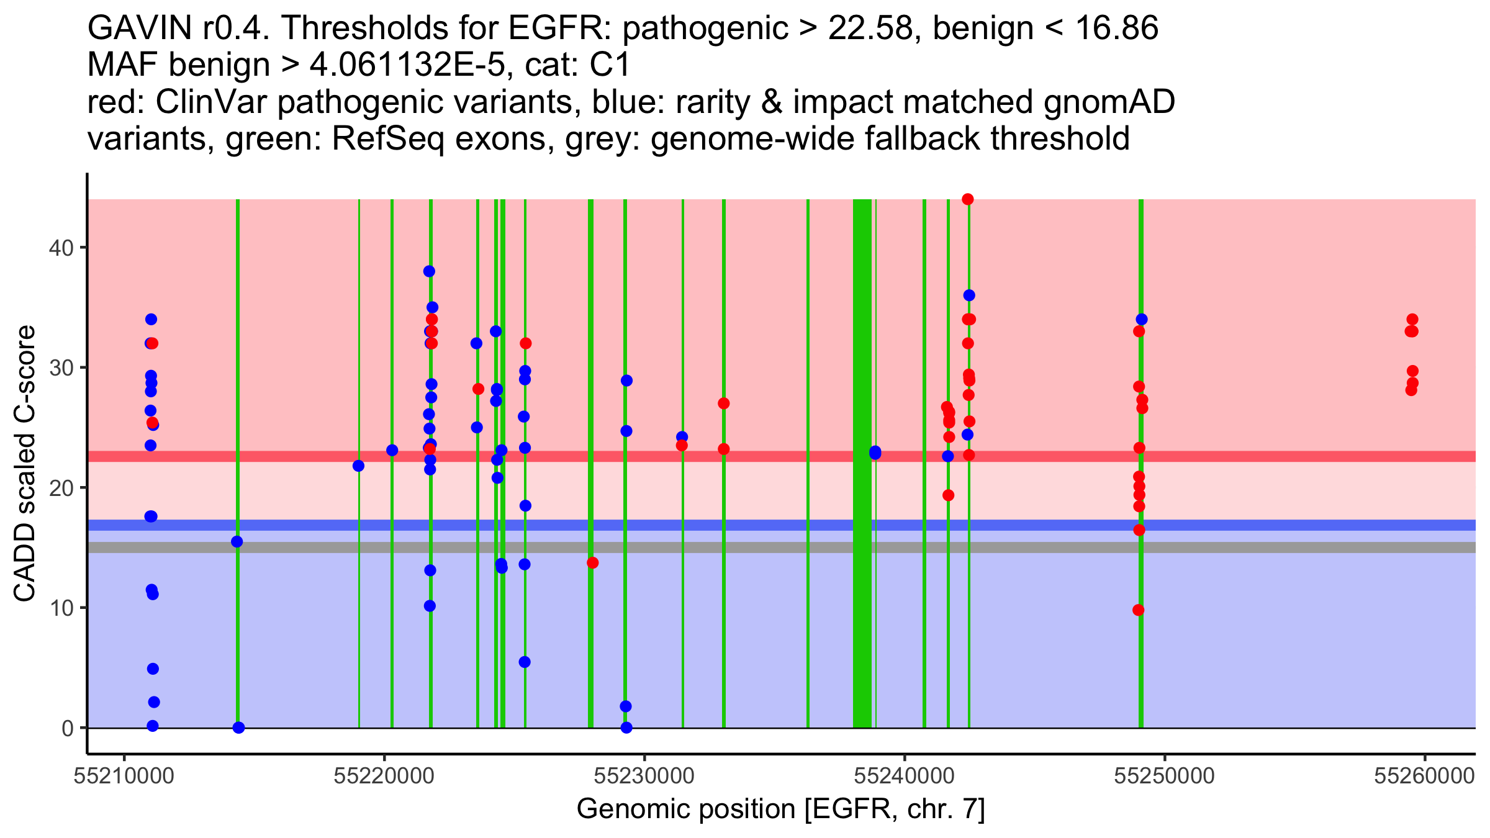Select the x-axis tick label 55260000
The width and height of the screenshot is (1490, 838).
click(1424, 777)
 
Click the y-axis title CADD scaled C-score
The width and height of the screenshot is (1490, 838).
click(25, 464)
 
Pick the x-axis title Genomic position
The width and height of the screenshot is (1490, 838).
click(780, 809)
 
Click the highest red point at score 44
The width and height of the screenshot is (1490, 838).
click(967, 199)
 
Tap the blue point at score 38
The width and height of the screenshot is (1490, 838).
click(429, 271)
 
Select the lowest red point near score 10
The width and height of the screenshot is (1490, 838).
click(1138, 610)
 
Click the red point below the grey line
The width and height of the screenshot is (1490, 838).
click(592, 563)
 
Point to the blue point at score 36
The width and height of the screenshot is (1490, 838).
click(969, 295)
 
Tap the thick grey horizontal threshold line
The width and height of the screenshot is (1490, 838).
click(745, 547)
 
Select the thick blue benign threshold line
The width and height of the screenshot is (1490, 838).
click(745, 525)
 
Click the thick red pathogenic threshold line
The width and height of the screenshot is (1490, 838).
click(745, 456)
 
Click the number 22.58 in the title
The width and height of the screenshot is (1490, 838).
click(870, 28)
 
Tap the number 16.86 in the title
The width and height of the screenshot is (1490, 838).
click(1116, 28)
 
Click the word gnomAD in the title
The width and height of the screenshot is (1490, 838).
click(1109, 102)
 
